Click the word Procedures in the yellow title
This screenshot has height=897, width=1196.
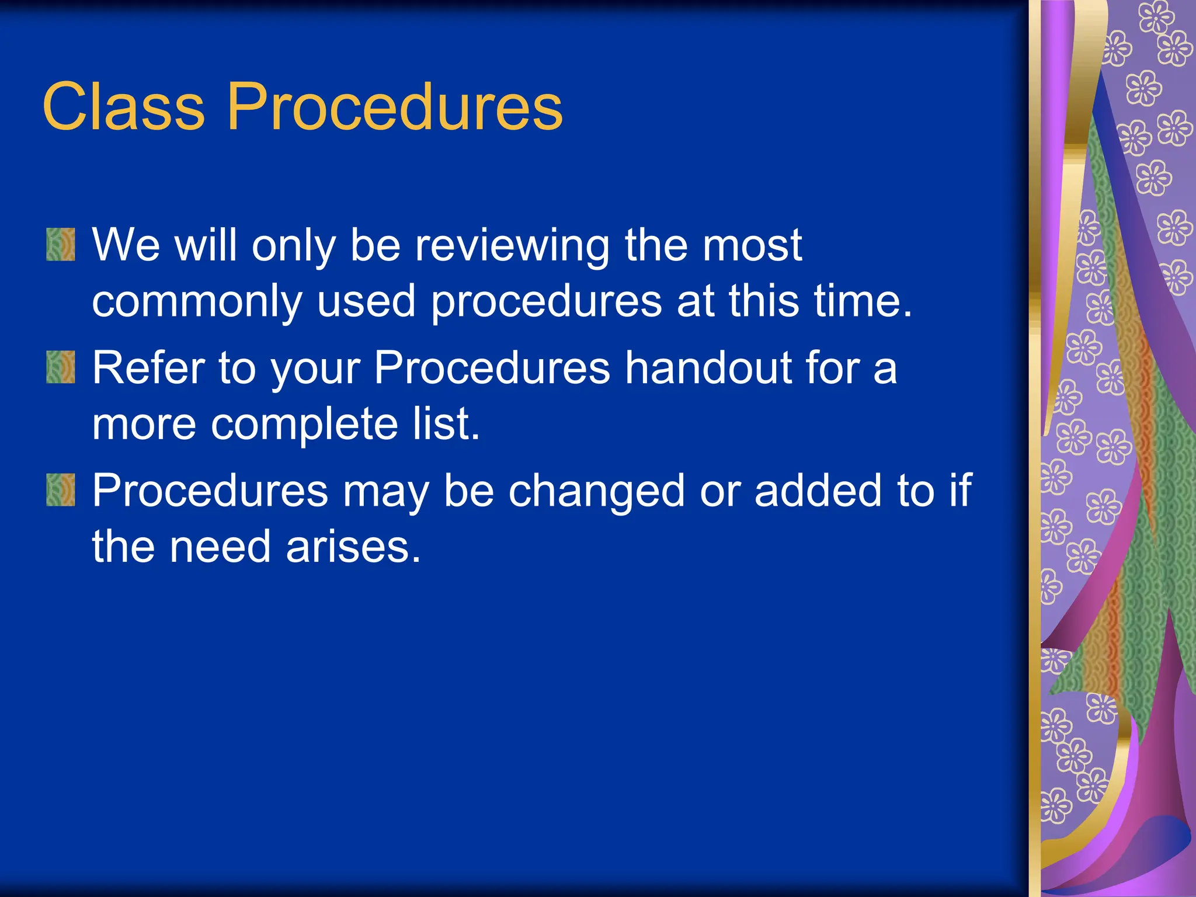tap(394, 107)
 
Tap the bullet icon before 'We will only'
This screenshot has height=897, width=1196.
tap(61, 244)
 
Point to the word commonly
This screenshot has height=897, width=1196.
tap(196, 302)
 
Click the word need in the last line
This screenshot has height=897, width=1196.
tap(220, 547)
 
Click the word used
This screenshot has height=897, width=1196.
tap(366, 301)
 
